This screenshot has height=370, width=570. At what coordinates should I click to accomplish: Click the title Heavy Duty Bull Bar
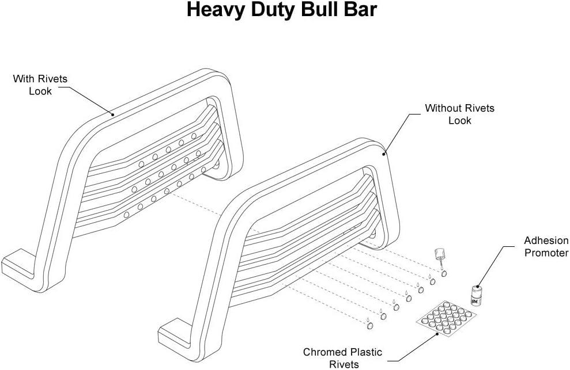point(282,10)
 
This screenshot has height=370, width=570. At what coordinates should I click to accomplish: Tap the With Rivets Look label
point(40,85)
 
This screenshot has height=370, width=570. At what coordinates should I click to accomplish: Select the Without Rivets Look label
point(459,114)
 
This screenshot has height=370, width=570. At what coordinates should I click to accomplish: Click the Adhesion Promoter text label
point(546,246)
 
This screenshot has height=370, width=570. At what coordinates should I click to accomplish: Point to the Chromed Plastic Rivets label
point(342,358)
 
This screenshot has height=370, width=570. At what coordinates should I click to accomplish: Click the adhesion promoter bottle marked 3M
point(476,295)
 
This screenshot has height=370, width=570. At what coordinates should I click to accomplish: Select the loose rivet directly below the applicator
point(444,274)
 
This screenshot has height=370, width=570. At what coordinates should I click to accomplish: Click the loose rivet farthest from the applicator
point(370,326)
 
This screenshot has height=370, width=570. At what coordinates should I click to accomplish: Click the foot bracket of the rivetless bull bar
point(175,333)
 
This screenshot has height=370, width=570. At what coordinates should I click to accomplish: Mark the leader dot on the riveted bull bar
point(113,115)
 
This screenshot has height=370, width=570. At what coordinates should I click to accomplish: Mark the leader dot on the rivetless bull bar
point(383,154)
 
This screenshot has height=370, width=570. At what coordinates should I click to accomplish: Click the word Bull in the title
point(322,10)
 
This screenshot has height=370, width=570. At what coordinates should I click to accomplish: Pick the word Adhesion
point(546,241)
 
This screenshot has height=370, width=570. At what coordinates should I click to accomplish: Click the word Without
point(444,108)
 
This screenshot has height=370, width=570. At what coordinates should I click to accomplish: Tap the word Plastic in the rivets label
point(366,352)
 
